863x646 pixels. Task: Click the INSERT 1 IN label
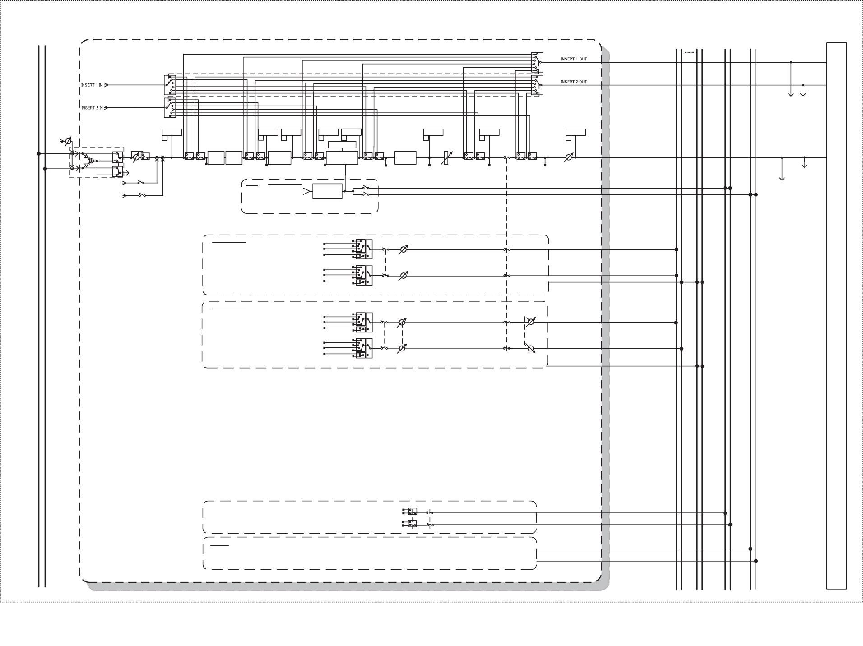pos(92,85)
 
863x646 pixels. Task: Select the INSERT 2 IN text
pos(92,108)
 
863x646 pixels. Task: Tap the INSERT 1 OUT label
pos(574,59)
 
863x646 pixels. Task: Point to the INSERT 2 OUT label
pos(574,82)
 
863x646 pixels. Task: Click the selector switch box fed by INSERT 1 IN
pos(170,85)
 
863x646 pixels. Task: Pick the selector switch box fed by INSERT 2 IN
pos(170,108)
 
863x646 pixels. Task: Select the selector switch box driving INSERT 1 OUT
pos(537,62)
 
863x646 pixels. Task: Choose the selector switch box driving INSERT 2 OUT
pos(537,85)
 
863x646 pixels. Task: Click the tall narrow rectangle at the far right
pos(836,316)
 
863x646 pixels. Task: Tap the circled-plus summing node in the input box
pos(91,161)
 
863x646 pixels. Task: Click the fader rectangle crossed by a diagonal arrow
pos(446,158)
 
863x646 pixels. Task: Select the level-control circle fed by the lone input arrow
pos(68,141)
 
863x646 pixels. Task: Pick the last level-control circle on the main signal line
pos(569,158)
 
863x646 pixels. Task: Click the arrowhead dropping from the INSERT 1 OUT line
pos(791,94)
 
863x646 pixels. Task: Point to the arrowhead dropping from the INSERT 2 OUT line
pos(803,94)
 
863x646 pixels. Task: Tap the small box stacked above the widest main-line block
pos(342,145)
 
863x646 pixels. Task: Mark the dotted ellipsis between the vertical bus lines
pos(689,53)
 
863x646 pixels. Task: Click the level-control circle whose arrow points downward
pos(531,349)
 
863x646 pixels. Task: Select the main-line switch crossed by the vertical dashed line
pos(507,157)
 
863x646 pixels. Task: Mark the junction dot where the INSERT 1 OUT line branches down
pos(791,62)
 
